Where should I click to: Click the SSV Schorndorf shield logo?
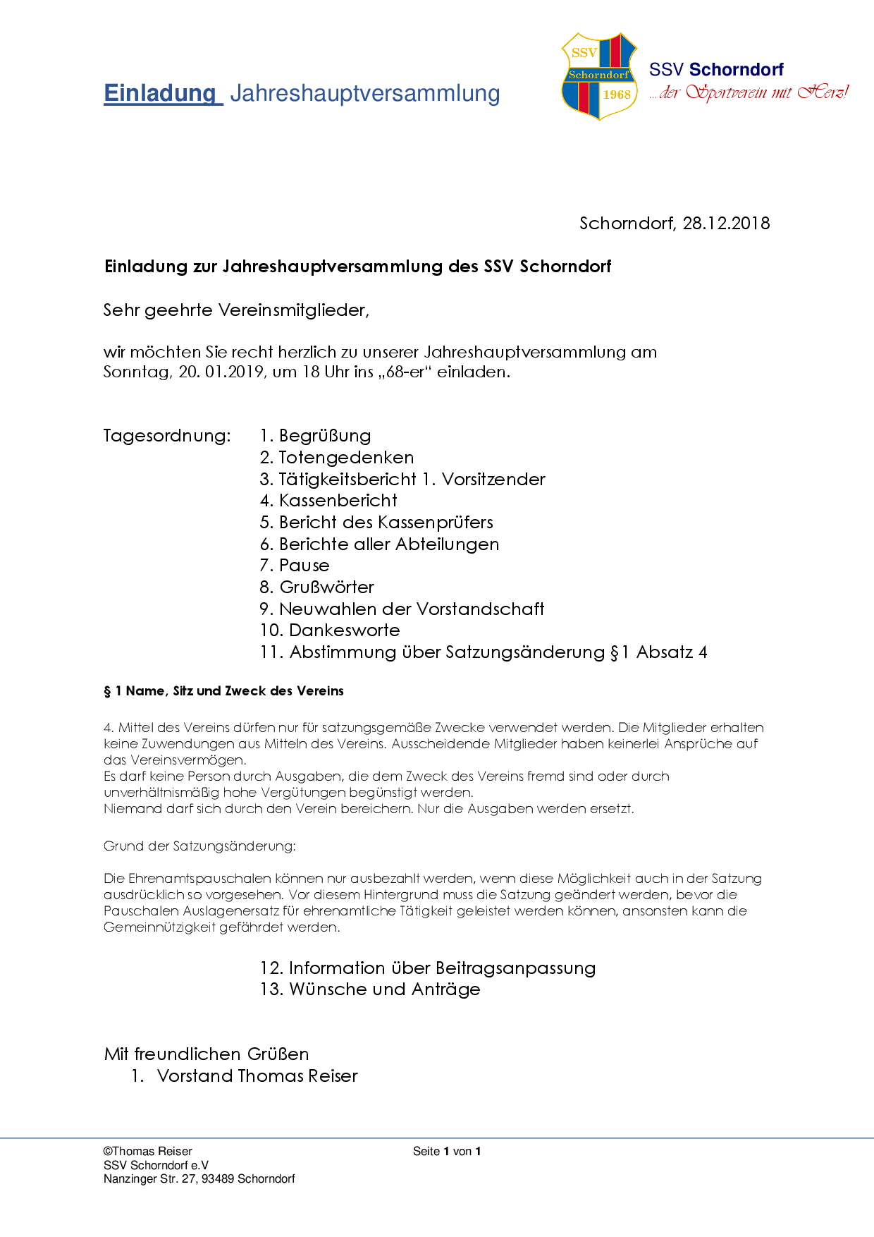coord(599,76)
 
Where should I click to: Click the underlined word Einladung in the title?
coord(161,93)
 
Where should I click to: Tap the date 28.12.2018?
coord(726,224)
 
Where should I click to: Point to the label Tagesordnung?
coord(167,436)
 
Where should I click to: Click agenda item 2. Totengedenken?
coord(337,458)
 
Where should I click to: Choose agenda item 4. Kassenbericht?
coord(328,501)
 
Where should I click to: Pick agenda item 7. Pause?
coord(295,566)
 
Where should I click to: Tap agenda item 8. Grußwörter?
coord(317,587)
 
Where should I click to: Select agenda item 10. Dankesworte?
coord(330,630)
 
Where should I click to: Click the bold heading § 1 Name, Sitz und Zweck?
coord(224,691)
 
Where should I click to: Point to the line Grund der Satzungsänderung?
coord(199,846)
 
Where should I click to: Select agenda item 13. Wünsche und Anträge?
coord(370,989)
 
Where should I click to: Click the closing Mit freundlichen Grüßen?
coord(207,1054)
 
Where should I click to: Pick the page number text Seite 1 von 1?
coord(447,1152)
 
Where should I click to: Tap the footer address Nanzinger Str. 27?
coord(150,1179)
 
